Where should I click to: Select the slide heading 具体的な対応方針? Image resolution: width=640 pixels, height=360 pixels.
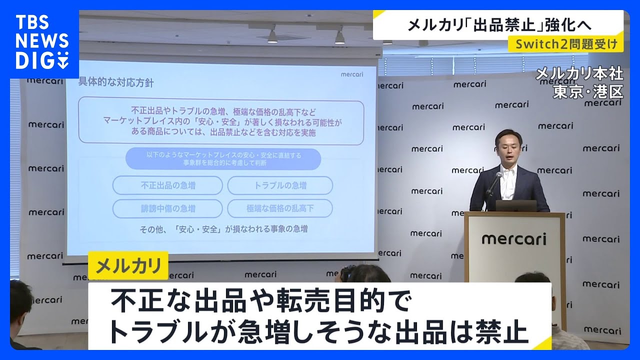(x=116, y=82)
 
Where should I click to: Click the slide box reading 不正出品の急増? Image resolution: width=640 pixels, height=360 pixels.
(x=167, y=185)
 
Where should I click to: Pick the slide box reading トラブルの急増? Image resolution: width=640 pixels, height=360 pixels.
(x=280, y=185)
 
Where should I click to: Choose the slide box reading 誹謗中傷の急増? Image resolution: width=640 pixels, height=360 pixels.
(x=167, y=208)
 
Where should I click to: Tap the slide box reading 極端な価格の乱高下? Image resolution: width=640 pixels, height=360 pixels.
(x=280, y=208)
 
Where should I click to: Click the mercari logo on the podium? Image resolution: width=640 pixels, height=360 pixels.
(x=514, y=239)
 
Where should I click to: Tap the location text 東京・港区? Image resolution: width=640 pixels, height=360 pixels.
(x=588, y=91)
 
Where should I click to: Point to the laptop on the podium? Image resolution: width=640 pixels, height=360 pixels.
(x=516, y=205)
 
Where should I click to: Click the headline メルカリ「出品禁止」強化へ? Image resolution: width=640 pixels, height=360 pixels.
(x=498, y=24)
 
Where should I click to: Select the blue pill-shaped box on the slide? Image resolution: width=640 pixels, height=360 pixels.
(x=223, y=159)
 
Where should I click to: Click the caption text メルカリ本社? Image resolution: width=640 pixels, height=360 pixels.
(x=579, y=74)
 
